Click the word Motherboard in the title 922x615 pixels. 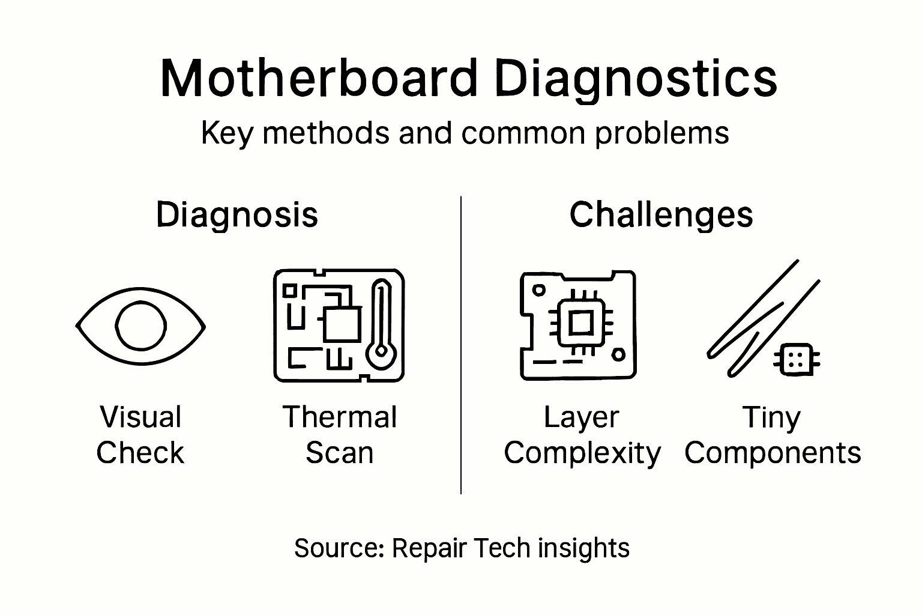click(x=319, y=79)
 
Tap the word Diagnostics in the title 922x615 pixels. click(x=636, y=79)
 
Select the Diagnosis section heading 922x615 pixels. click(x=237, y=214)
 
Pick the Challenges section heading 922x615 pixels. click(x=661, y=214)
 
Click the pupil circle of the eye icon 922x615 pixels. click(x=140, y=326)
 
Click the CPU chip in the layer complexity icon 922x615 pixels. click(x=580, y=324)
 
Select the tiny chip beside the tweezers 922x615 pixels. click(x=797, y=360)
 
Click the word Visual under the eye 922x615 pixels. click(x=140, y=417)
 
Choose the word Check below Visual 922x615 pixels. click(x=140, y=452)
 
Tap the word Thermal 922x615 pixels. click(x=340, y=417)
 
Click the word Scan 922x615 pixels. click(x=340, y=452)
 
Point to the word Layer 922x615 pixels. click(x=581, y=417)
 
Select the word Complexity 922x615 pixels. click(x=582, y=453)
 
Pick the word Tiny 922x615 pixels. click(x=771, y=417)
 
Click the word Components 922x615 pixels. click(x=773, y=453)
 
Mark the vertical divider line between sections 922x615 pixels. click(x=461, y=345)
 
